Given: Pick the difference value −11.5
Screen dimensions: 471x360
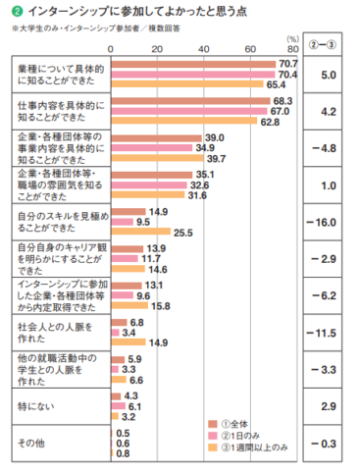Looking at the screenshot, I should [x=329, y=333].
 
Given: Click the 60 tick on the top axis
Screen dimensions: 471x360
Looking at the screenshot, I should [x=251, y=47].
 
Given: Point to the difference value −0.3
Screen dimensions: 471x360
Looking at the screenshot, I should [x=329, y=443].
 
